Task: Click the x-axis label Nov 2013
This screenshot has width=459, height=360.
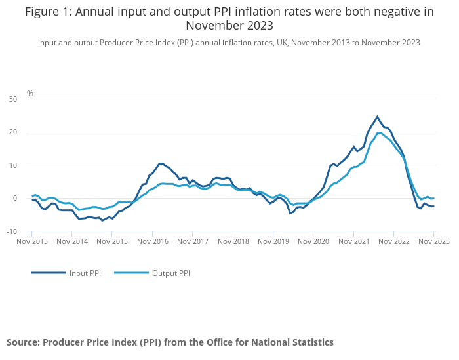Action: point(32,241)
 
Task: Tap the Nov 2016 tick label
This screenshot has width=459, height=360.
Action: point(153,241)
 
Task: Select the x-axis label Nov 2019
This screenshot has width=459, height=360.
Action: point(273,241)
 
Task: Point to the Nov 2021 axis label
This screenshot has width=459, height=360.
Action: point(353,241)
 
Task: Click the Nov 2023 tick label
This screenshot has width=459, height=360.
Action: point(433,241)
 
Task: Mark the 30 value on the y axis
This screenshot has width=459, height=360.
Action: point(13,99)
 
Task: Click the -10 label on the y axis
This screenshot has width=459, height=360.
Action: point(12,231)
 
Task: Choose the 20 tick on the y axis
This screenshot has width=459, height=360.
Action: point(13,132)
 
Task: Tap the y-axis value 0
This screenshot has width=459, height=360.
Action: point(15,198)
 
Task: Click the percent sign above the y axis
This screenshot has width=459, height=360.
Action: point(30,94)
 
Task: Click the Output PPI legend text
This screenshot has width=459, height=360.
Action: point(171,273)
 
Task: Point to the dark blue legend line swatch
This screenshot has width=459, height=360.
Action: point(49,273)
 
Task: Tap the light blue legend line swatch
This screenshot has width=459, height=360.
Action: point(131,273)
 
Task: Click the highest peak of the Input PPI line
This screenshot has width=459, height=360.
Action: point(377,117)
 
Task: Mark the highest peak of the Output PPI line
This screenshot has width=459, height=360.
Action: point(380,132)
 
